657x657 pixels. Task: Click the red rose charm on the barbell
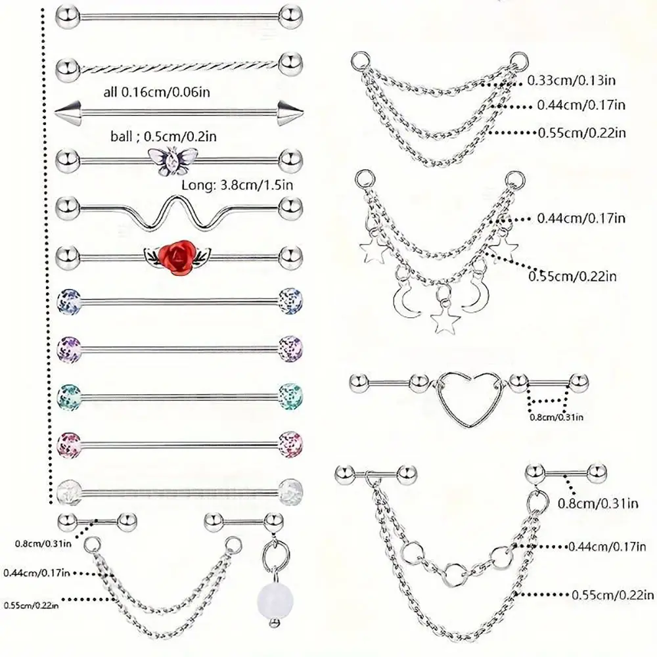[177, 256]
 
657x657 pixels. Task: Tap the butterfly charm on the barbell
[173, 161]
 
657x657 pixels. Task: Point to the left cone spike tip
[56, 112]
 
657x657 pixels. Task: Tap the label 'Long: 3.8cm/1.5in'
[237, 185]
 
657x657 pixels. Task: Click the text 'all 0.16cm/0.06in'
[157, 92]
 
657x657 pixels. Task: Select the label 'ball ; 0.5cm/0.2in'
[164, 136]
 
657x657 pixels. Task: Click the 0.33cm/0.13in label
[571, 80]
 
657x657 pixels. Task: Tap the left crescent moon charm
[405, 299]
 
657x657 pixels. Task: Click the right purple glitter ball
[290, 348]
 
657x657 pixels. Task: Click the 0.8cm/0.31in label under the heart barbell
[556, 417]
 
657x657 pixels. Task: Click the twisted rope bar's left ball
[68, 66]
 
